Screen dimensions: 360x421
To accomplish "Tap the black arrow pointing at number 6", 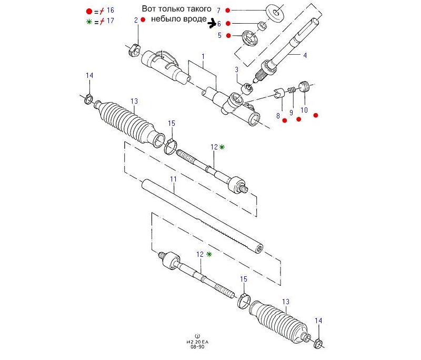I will pos(213,23).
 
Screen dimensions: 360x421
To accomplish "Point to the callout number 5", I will pos(219,36).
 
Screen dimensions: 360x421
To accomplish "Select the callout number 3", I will pos(237,69).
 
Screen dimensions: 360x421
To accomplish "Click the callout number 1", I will pos(203,56).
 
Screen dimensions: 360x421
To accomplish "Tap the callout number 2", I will pos(136,20).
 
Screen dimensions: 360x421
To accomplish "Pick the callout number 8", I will pos(278,115).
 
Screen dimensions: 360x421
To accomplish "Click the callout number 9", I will pos(291,113).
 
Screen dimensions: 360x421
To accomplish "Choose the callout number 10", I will pos(304,110).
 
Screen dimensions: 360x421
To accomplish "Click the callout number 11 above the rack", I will pos(173,179).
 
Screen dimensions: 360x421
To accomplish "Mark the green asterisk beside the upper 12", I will pos(222,147).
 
